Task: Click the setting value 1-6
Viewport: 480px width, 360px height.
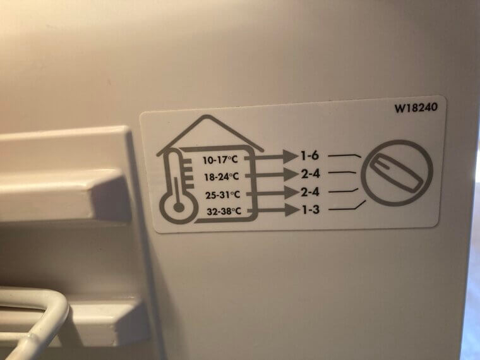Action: tap(311, 154)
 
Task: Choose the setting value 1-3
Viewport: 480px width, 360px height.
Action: tap(311, 208)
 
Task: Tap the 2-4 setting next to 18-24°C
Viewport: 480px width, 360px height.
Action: tap(311, 172)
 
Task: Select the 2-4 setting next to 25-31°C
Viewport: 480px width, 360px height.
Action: tap(311, 190)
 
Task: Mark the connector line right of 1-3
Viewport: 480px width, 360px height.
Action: tap(347, 206)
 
